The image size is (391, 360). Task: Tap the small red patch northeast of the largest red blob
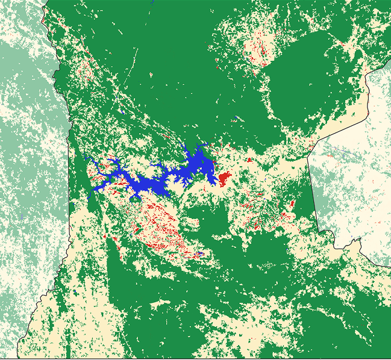[249, 160]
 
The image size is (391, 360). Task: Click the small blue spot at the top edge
[154, 2]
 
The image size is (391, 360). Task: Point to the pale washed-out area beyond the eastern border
[361, 181]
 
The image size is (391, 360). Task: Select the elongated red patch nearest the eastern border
[293, 203]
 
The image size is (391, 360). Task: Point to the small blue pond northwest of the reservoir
[122, 112]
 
